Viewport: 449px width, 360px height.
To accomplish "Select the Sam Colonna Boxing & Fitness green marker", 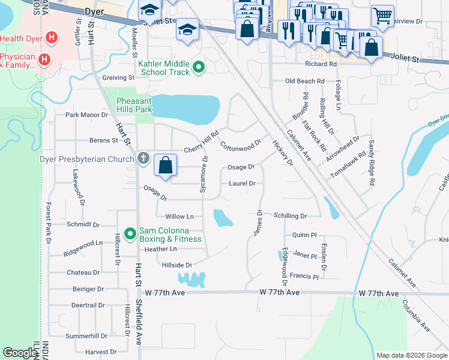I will (130, 232).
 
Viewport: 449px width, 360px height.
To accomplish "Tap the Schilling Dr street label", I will (290, 216).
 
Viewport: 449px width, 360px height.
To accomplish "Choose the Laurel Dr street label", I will (242, 184).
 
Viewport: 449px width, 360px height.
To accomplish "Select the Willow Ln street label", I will (179, 216).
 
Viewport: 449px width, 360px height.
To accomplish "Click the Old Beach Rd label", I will (305, 81).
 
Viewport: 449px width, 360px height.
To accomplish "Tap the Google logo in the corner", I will (20, 353).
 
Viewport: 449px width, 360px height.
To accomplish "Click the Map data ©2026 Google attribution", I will (412, 355).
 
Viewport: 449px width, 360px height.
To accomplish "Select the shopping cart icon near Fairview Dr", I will (382, 16).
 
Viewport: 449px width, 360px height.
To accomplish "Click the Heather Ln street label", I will (160, 249).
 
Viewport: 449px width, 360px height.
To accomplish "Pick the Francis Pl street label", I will (304, 277).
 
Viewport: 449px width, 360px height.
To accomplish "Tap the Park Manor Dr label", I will (86, 115).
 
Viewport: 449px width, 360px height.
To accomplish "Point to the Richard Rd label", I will (321, 64).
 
